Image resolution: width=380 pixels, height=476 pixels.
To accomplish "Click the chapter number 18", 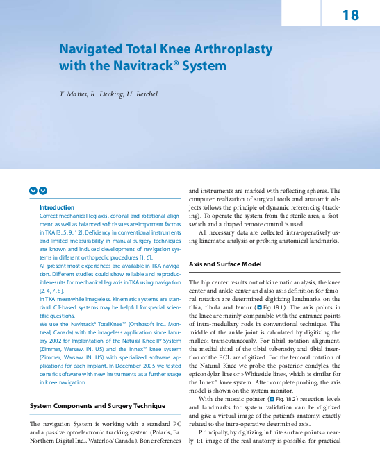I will click(350, 15).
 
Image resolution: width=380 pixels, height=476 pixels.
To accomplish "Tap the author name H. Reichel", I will click(140, 94).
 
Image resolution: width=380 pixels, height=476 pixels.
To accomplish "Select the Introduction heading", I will click(56, 207).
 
